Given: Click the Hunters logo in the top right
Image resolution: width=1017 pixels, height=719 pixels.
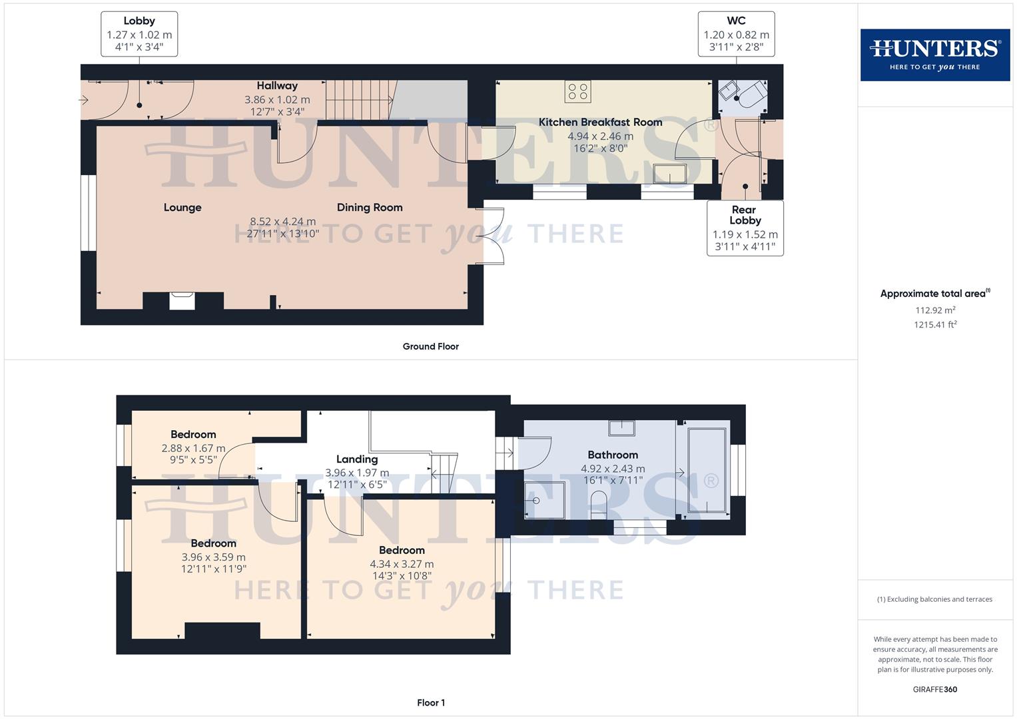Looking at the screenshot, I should pyautogui.click(x=934, y=55).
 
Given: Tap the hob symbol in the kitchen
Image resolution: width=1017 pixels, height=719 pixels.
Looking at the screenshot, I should pyautogui.click(x=577, y=92).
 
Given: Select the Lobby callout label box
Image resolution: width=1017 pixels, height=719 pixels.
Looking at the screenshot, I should pyautogui.click(x=139, y=34).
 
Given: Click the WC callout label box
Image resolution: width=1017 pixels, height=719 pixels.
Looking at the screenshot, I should pyautogui.click(x=736, y=34).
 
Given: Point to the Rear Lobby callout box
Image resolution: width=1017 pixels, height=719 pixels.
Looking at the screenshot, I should pyautogui.click(x=745, y=228).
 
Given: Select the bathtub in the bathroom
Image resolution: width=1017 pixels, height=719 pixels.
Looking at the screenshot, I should pyautogui.click(x=706, y=470).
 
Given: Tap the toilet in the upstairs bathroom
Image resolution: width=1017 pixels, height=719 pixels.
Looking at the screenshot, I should pyautogui.click(x=599, y=505).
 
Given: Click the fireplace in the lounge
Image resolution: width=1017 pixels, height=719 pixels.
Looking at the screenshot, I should pyautogui.click(x=182, y=301).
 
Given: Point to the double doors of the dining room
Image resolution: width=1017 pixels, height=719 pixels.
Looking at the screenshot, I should pyautogui.click(x=494, y=236).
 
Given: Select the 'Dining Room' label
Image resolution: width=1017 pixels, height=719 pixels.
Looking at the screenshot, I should pyautogui.click(x=370, y=208).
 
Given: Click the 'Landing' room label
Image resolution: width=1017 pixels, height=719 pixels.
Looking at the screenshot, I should pyautogui.click(x=357, y=459).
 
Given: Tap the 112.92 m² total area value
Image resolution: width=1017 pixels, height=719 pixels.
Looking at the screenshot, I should pyautogui.click(x=935, y=310).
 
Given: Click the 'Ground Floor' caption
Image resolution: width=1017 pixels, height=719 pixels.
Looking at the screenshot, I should pyautogui.click(x=430, y=346).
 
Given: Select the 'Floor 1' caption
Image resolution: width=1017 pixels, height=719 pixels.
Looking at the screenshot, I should pyautogui.click(x=430, y=702).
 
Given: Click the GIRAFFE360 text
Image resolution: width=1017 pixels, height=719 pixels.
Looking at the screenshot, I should pyautogui.click(x=934, y=689).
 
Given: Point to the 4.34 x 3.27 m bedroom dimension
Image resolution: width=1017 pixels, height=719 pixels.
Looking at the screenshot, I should pyautogui.click(x=402, y=564).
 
